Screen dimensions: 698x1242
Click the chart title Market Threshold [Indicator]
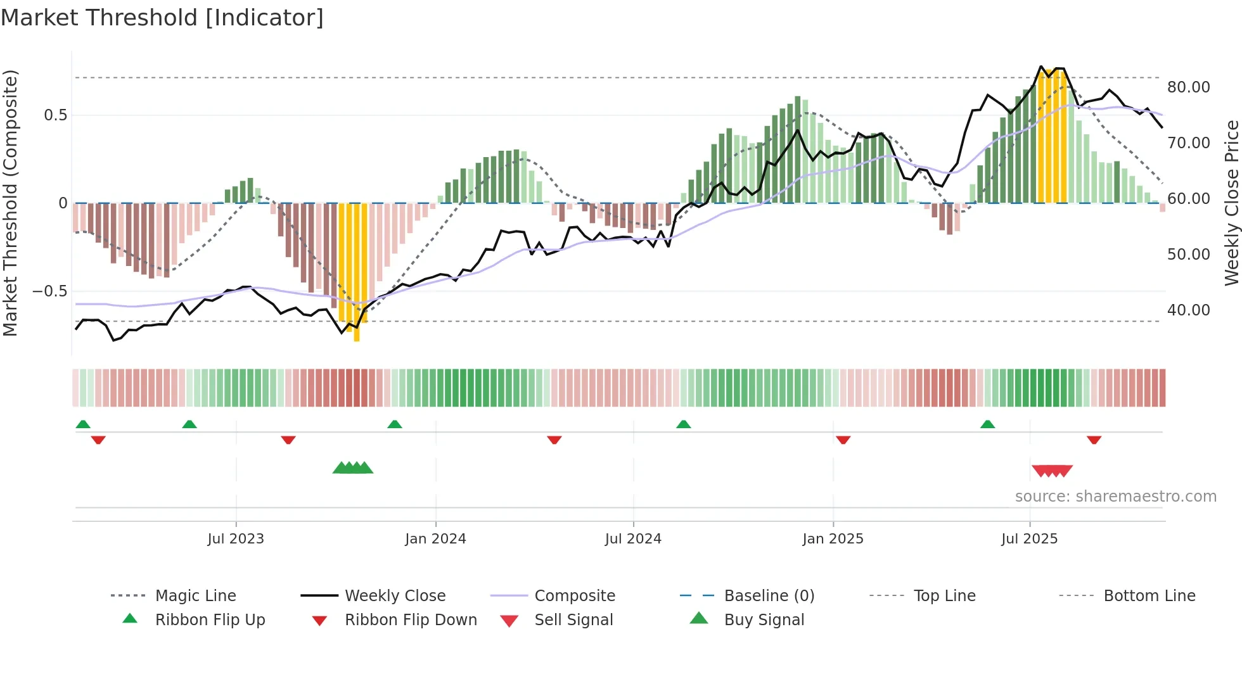162,18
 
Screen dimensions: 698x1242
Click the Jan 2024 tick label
435,539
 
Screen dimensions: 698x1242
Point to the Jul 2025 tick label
1029,539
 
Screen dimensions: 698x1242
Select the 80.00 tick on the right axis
1188,87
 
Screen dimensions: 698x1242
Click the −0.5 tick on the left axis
49,291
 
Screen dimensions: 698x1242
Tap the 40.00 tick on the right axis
1188,310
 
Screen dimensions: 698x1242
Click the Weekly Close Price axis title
1231,203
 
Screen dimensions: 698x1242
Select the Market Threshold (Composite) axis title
10,203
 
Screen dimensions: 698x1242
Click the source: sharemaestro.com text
1115,497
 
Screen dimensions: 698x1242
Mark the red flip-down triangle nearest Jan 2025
843,440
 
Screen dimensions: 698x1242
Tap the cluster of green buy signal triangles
353,468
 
